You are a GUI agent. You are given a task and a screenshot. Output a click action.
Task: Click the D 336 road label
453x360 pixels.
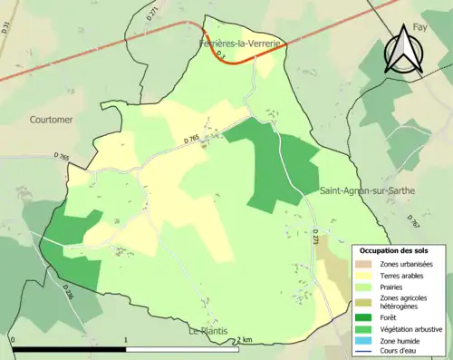[x=68, y=292]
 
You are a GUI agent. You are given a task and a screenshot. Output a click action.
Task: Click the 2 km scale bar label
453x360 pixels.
[x=243, y=339]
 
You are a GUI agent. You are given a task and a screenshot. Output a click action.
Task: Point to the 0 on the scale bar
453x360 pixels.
[x=13, y=340]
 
